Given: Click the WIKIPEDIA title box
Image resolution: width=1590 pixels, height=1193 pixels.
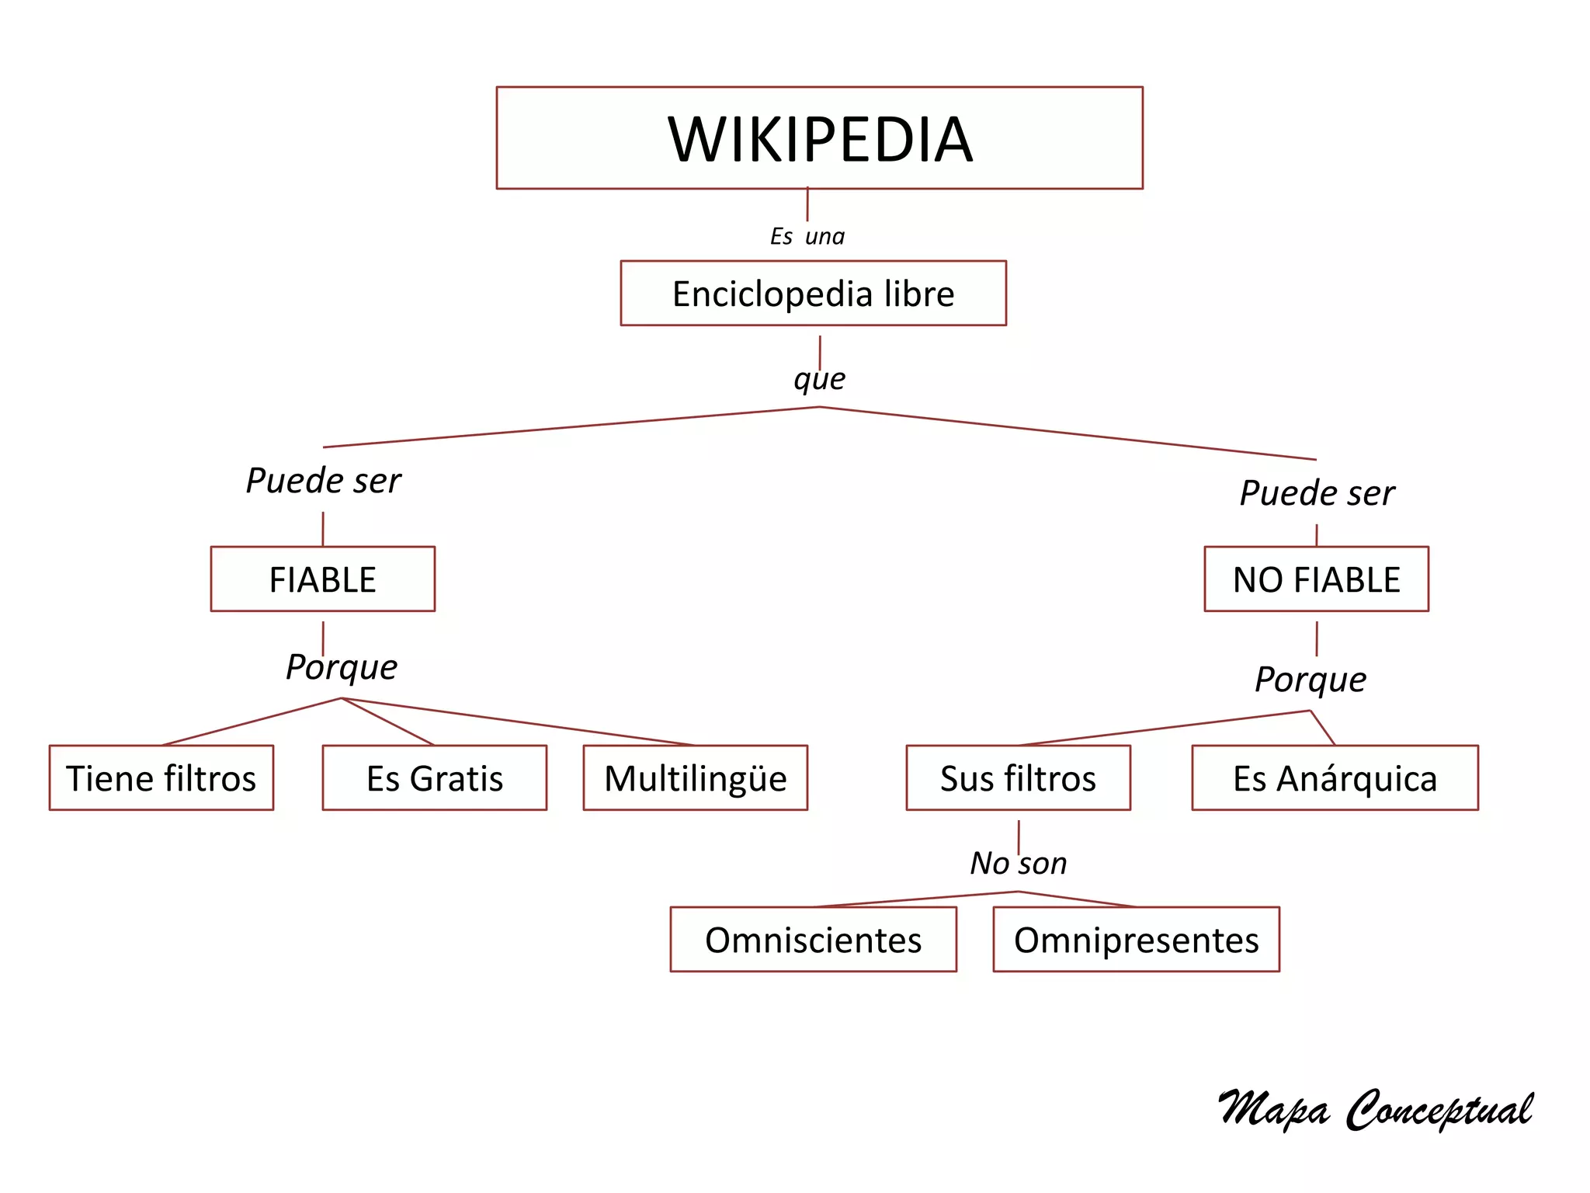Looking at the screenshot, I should pos(819,138).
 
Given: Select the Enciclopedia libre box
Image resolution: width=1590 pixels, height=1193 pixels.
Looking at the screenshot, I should pos(813,294).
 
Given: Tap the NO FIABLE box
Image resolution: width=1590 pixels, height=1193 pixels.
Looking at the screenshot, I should pos(1316,579).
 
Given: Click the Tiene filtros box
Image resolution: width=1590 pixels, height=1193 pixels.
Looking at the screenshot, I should pos(161,778).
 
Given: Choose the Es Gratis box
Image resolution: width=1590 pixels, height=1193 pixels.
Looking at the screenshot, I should pos(435,778).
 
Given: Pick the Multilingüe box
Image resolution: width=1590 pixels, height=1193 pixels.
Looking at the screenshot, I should pos(695,778).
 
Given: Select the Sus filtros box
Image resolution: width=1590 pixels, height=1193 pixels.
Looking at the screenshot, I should pos(1018,778).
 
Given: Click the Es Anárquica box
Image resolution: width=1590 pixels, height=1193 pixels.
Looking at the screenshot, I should pos(1335,778).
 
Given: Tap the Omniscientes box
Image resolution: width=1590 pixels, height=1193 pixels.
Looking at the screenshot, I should pos(813,940).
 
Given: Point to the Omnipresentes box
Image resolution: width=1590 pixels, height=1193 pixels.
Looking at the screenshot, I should pos(1136,940).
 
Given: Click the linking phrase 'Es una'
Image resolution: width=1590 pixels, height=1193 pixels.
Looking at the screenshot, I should pos(807,236).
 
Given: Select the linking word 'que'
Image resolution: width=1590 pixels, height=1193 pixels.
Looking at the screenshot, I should pos(819,379).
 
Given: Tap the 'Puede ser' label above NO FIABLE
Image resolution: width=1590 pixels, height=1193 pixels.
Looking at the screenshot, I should pos(1317,493).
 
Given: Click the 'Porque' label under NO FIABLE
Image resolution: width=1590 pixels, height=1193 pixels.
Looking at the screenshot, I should pos(1311,680).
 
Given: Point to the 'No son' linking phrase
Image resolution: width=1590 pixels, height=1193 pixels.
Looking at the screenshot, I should pos(1018,863).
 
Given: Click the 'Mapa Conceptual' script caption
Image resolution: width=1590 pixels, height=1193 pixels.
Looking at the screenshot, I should pos(1374,1109).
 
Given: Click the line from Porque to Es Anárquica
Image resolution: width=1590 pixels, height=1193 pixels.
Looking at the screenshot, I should pos(1323,728).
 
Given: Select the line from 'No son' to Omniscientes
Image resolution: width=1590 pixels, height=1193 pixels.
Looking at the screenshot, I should pos(916,899).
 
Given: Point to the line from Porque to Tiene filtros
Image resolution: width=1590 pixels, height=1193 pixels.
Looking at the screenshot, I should pos(252,722).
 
